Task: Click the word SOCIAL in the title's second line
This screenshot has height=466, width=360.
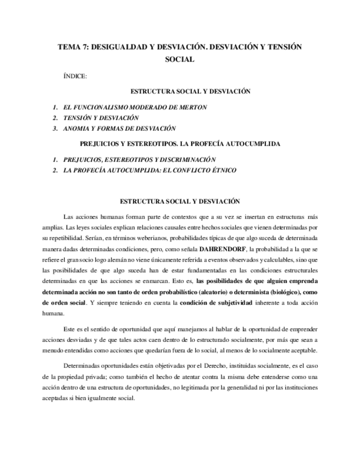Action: [x=180, y=59]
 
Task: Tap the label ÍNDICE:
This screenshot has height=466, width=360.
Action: [x=75, y=76]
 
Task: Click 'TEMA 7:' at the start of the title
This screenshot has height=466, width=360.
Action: [x=74, y=47]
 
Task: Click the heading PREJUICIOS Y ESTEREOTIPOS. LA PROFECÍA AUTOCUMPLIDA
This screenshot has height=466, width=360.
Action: [x=180, y=144]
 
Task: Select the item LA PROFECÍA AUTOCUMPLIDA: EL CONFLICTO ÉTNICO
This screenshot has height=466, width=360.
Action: [x=150, y=170]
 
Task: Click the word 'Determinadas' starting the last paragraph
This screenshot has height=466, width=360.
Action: [x=84, y=365]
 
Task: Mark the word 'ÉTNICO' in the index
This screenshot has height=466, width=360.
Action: [x=222, y=170]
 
